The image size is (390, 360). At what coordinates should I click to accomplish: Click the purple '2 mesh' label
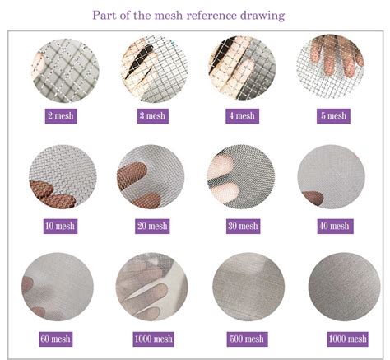61,116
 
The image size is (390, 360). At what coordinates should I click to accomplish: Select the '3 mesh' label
151,116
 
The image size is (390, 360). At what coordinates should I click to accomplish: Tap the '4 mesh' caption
243,116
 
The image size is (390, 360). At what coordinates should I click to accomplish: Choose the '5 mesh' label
332,116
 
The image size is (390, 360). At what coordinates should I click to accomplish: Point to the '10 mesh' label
61,226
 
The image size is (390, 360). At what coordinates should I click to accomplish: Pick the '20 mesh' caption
151,226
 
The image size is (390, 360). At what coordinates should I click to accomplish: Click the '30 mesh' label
243,226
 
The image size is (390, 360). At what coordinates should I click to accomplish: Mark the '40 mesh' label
332,226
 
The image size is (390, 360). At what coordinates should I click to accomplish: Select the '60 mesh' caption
56,339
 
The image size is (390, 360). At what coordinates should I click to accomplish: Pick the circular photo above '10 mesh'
62,176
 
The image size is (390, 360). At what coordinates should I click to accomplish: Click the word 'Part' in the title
104,15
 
